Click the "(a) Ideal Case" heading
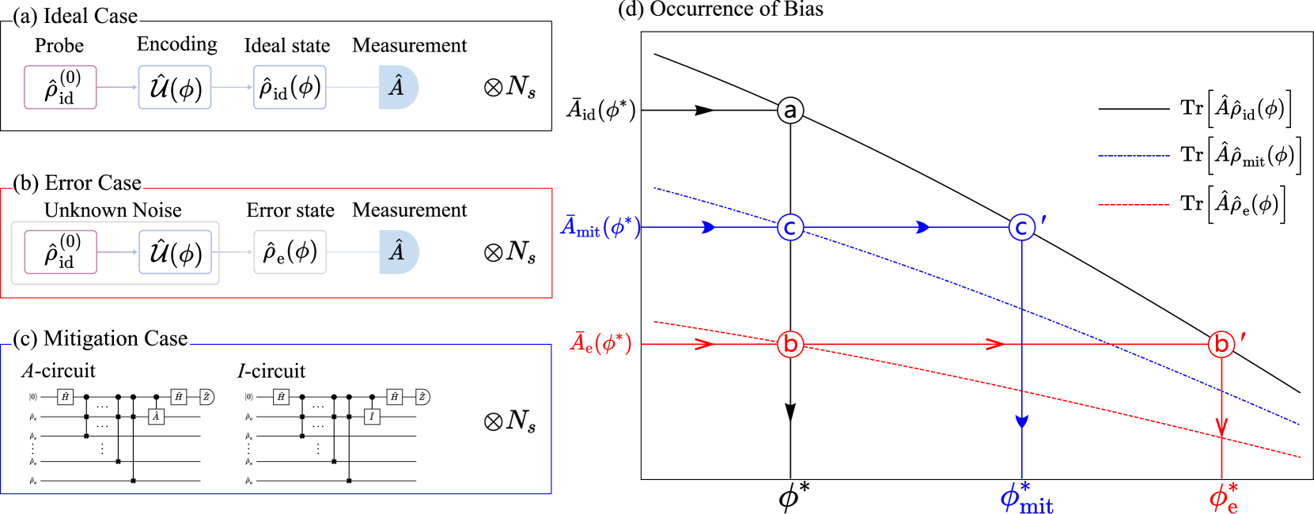75,17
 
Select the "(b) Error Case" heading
78,183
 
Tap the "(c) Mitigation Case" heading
100,339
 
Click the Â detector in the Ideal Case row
398,87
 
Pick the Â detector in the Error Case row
398,252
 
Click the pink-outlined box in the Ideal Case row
60,87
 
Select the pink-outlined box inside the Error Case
61,252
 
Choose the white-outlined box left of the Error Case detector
290,252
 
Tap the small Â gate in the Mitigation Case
156,417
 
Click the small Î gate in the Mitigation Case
372,417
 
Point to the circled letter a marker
790,110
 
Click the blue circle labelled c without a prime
790,228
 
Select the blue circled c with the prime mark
1022,228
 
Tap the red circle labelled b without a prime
790,344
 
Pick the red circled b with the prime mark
1221,344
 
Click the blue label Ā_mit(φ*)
600,228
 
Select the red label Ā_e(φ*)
601,343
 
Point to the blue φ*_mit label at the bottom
1026,498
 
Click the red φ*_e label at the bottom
1223,498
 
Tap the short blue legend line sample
1134,156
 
